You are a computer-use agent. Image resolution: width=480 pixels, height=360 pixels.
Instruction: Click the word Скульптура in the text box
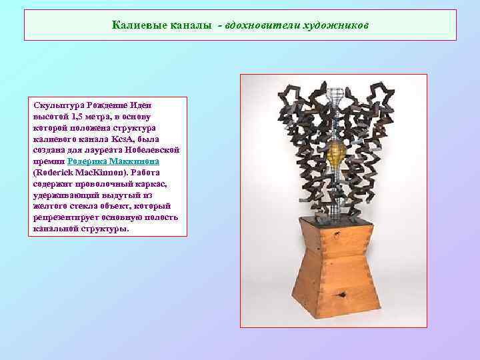point(57,105)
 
